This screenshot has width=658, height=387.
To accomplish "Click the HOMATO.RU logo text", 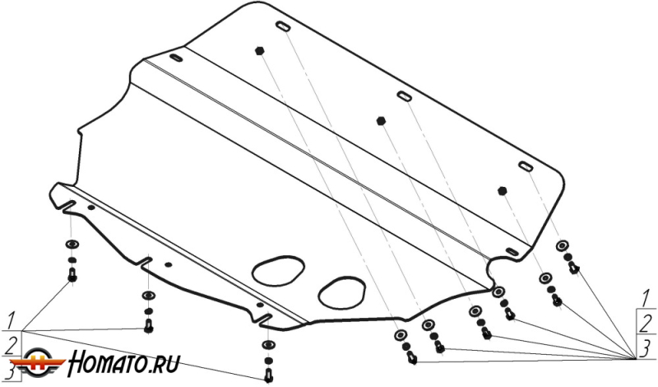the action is pos(124,363).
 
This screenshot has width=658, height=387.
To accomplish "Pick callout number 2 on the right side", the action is pos(646,323).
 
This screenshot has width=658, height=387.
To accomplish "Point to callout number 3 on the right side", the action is pos(646,348).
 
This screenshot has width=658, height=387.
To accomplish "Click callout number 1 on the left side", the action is pos(12,320).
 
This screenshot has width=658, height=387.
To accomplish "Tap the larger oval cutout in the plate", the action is pos(278,270).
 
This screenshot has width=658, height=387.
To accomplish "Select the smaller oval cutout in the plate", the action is pos(341,292).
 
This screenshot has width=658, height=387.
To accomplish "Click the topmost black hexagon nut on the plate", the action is pos(259,50).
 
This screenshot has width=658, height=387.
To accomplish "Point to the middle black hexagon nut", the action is pos(381,120).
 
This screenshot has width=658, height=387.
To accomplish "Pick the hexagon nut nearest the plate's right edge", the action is pos(503,190).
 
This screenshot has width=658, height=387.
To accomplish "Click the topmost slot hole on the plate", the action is pos(283,26).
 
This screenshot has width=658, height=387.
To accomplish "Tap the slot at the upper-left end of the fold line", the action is pos(176,58).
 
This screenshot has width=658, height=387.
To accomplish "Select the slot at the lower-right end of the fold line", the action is pos(512,252).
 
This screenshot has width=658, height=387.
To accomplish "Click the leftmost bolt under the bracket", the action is pos(72,275).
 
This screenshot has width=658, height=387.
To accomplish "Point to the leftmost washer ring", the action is pos(72,244).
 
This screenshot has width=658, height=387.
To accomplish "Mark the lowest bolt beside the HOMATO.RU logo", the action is pos(268,375).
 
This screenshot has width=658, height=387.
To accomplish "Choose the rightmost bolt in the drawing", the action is pos(574,268).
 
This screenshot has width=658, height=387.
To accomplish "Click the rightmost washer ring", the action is pos(563,245).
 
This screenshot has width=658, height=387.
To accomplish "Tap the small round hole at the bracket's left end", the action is pos(91,207).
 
